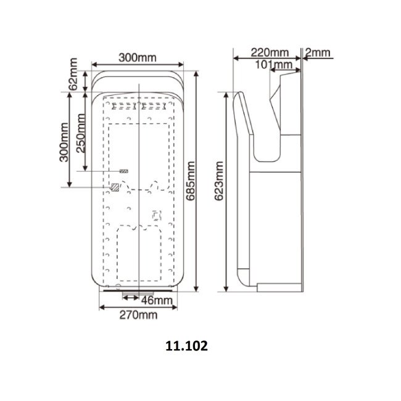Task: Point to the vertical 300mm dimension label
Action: [64, 141]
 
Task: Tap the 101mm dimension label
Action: [273, 64]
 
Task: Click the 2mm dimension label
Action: [318, 52]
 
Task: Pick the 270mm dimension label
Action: [138, 315]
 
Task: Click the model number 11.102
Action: [186, 347]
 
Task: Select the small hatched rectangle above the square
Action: [124, 170]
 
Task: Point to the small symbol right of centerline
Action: [155, 216]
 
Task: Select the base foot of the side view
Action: [278, 287]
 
